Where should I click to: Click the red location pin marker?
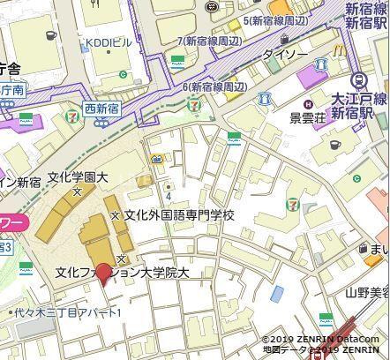(x=103, y=274)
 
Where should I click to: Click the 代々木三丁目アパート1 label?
(x=65, y=312)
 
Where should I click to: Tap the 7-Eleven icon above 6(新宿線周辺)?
(x=194, y=104)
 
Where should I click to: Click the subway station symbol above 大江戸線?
(x=356, y=81)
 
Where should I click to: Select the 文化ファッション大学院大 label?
(x=122, y=273)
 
